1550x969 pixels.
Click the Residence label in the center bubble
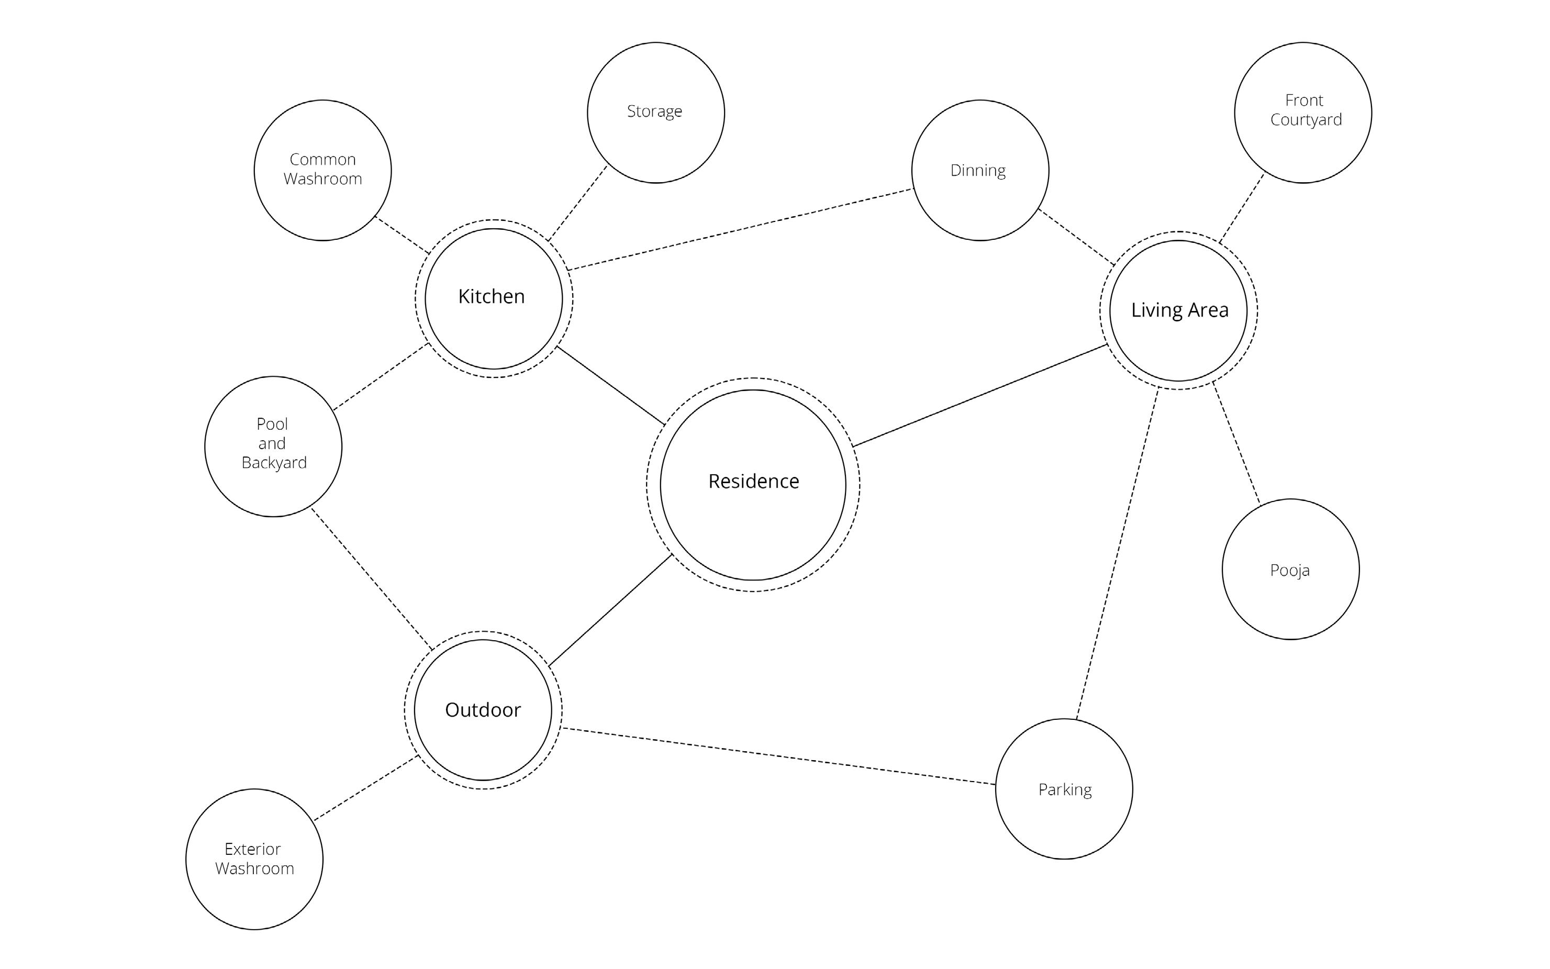click(x=753, y=481)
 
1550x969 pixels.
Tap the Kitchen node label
click(x=492, y=297)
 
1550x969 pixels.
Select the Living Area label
click(x=1179, y=310)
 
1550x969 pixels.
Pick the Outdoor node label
click(x=483, y=710)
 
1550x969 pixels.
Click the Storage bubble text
click(x=654, y=112)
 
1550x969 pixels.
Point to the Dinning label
click(x=978, y=171)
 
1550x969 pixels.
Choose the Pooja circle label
click(x=1289, y=571)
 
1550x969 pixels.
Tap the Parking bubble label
click(x=1065, y=789)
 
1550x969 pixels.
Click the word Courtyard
click(x=1306, y=120)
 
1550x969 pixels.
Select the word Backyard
click(x=274, y=463)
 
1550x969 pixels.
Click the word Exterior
click(x=252, y=849)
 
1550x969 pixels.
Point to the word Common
click(x=322, y=159)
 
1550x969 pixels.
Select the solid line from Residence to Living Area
click(x=980, y=395)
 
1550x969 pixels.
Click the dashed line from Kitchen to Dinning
click(x=740, y=229)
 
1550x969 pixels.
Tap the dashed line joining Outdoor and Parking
click(x=778, y=756)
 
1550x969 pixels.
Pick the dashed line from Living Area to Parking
click(x=1118, y=553)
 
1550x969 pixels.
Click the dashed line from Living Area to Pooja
click(x=1236, y=443)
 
